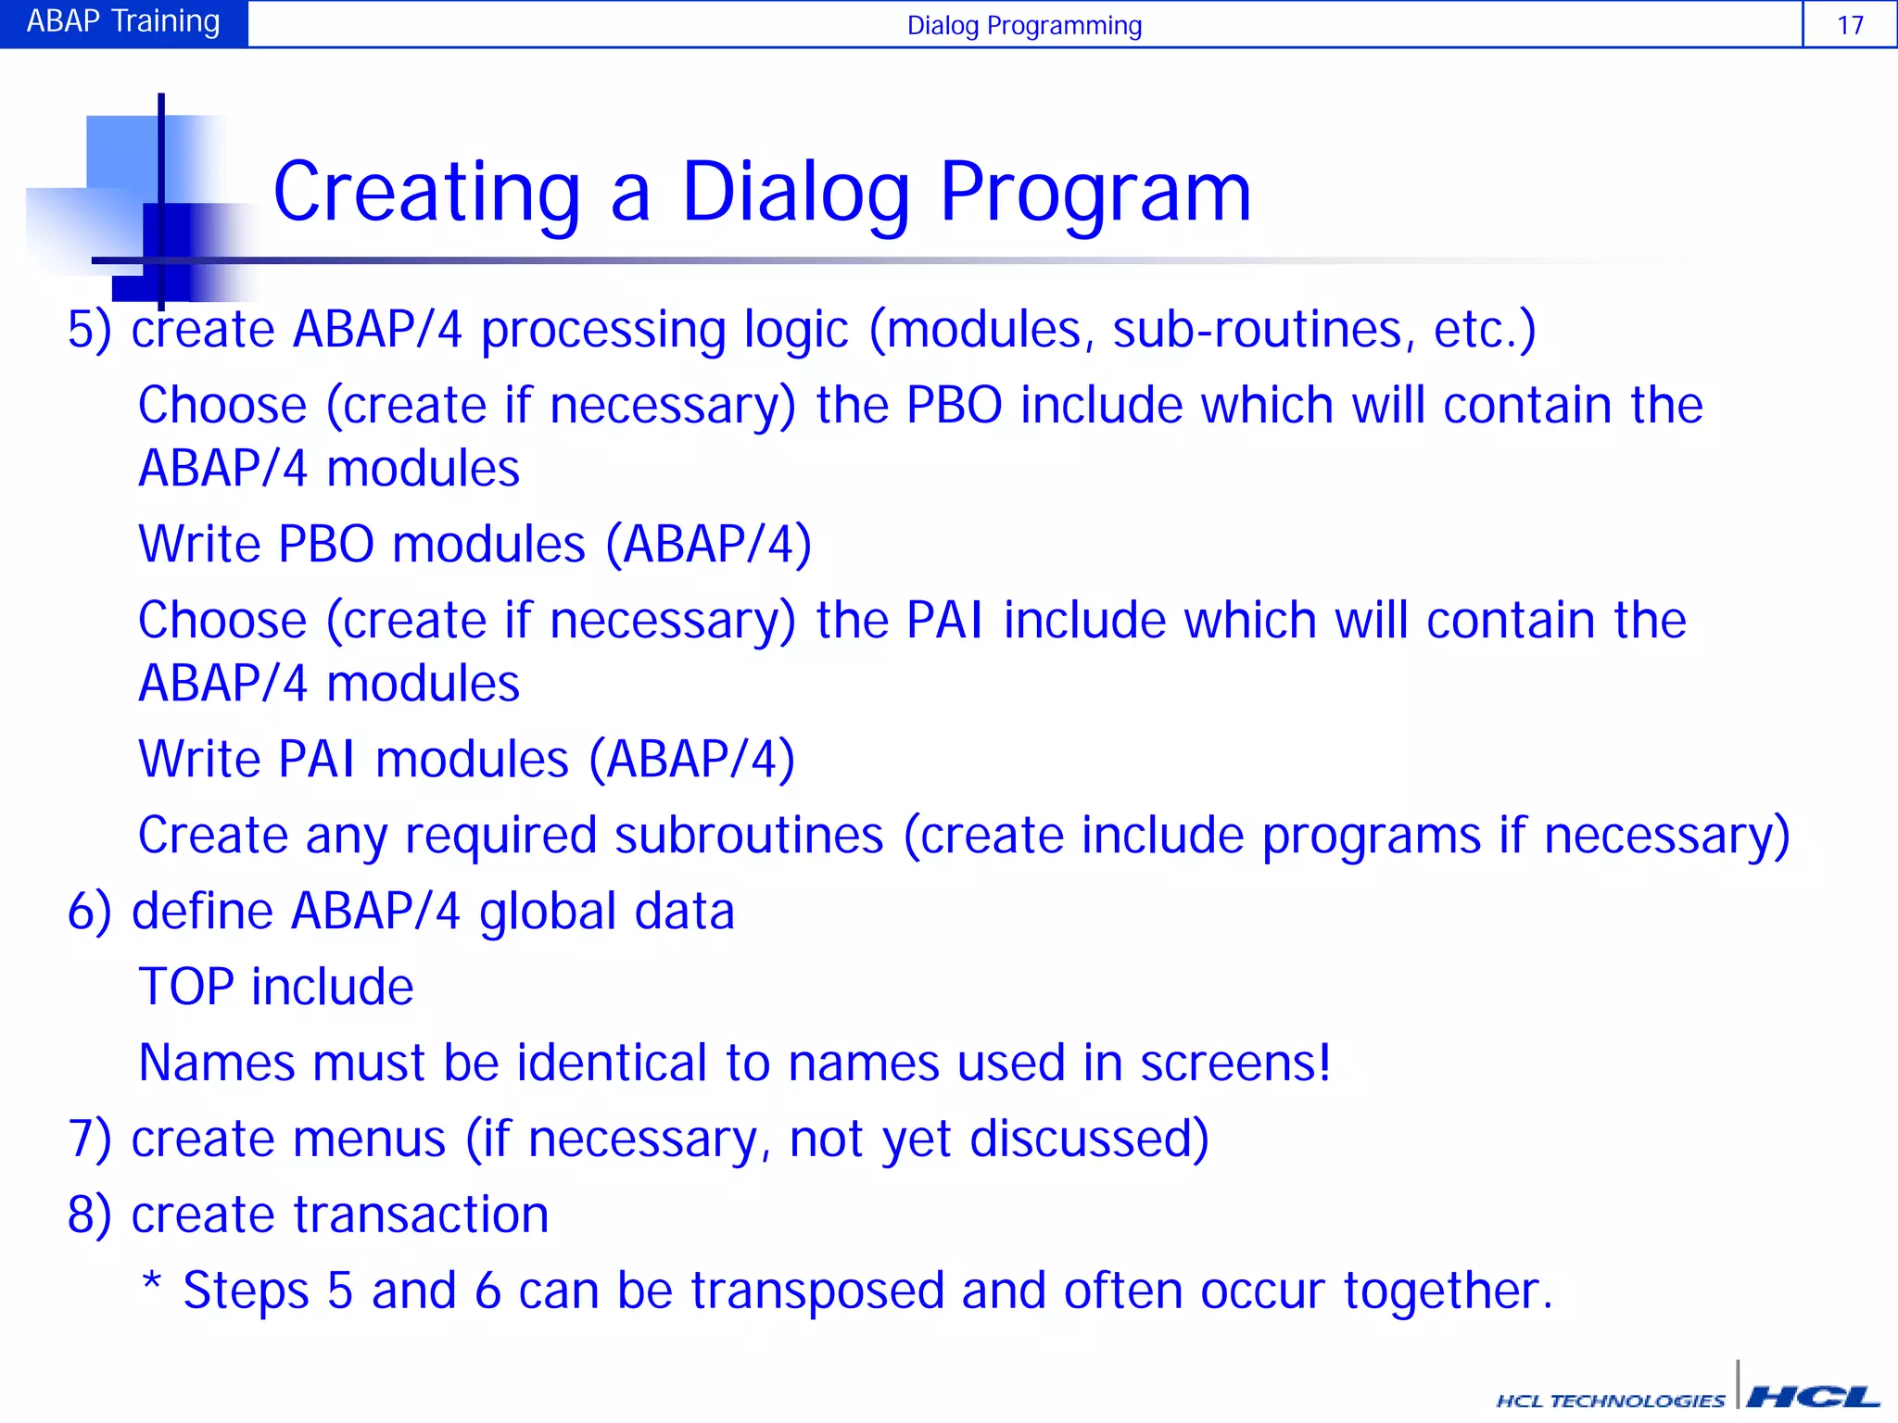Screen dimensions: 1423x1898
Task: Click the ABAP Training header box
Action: click(123, 22)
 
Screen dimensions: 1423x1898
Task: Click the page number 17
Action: click(1849, 25)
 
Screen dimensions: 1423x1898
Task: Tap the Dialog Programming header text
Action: click(1023, 25)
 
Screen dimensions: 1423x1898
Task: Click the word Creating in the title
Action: click(427, 193)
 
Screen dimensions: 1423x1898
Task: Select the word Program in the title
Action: click(1095, 193)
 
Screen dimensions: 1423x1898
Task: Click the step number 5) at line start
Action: click(89, 330)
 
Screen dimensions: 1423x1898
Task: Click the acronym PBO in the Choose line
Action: click(954, 406)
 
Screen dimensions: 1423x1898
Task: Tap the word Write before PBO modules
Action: click(199, 544)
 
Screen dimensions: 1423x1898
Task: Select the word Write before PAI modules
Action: click(199, 760)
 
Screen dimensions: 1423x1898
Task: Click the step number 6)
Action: click(89, 912)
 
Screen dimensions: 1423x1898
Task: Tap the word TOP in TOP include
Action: click(185, 987)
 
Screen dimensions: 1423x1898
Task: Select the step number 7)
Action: click(89, 1139)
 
